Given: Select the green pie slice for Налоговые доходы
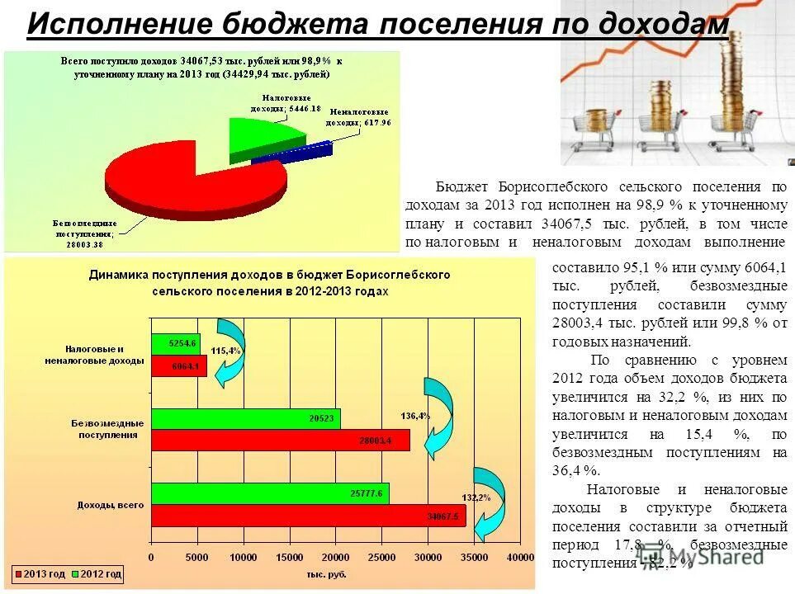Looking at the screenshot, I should pyautogui.click(x=264, y=136).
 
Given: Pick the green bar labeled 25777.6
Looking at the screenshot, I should pyautogui.click(x=268, y=493).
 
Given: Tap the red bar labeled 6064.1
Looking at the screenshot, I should pyautogui.click(x=178, y=365).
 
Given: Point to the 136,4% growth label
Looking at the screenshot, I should pyautogui.click(x=415, y=415).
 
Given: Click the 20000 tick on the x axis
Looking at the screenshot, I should pyautogui.click(x=336, y=558).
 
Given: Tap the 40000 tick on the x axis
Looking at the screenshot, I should pyautogui.click(x=521, y=558).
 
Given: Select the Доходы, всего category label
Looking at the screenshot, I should pyautogui.click(x=111, y=504).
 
